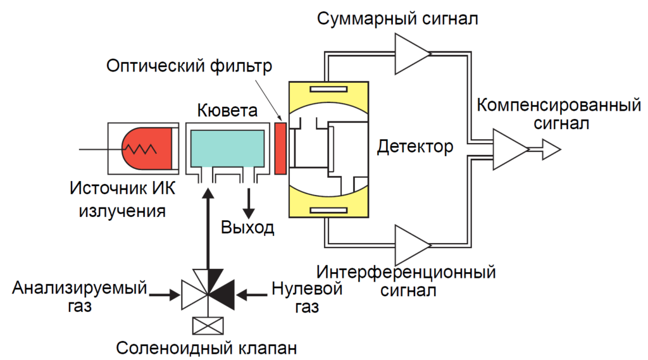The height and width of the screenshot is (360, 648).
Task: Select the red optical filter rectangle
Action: pos(281,148)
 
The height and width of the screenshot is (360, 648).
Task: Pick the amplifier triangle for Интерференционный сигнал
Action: pos(411,245)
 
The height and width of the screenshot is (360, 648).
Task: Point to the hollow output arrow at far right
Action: pos(549,150)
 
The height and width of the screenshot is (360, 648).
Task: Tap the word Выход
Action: pos(247,227)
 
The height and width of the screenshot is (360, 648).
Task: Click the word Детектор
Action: pos(415,147)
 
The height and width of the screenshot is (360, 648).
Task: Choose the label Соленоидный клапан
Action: pos(206,348)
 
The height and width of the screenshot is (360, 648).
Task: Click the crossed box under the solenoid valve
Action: pos(206,325)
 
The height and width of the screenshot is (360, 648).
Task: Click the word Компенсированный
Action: pos(559,104)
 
